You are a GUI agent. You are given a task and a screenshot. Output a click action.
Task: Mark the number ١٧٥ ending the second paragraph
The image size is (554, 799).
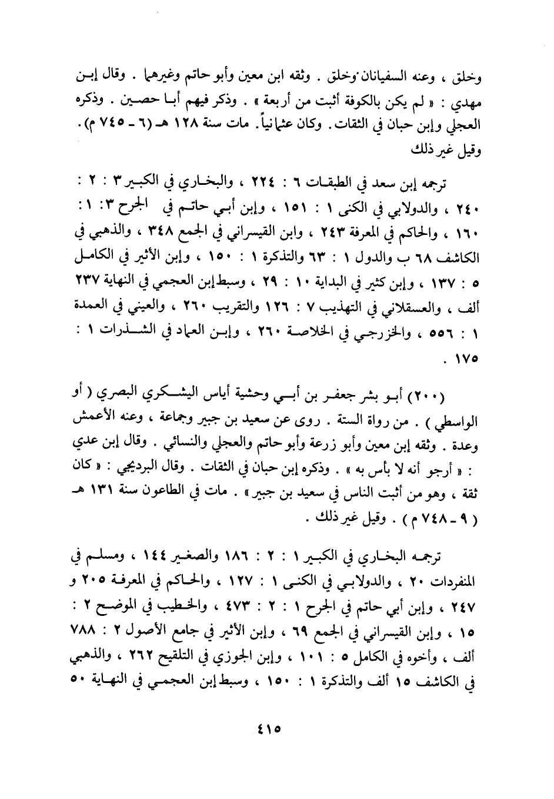[460, 357]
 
